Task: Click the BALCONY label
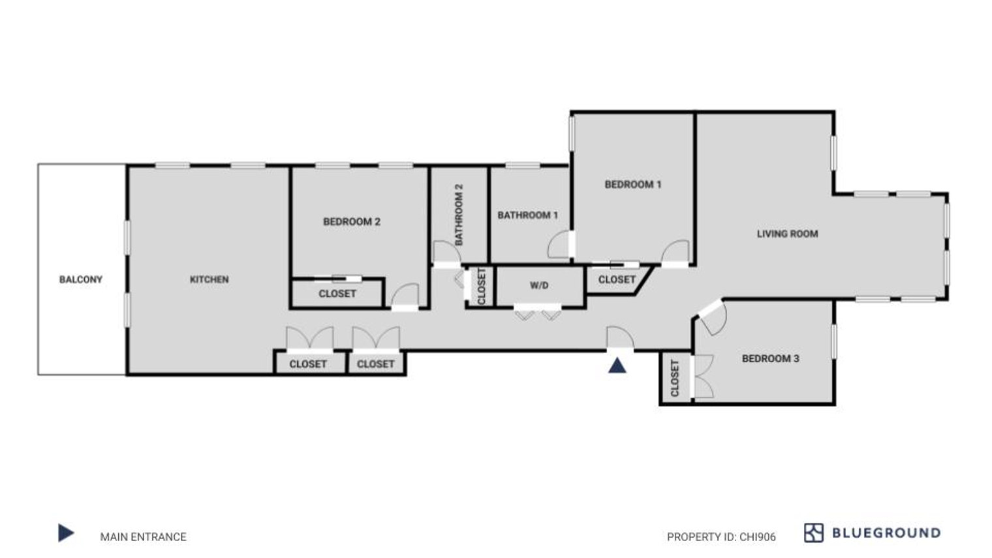[81, 279]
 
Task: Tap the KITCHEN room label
[209, 279]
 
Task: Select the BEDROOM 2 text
[352, 221]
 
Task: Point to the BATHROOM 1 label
[527, 215]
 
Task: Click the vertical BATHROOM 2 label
[459, 215]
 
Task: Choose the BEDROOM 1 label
[633, 184]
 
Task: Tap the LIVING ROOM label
[787, 234]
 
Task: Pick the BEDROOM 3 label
[771, 358]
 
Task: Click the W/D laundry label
[539, 286]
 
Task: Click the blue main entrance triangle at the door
[617, 366]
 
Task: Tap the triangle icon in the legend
[65, 533]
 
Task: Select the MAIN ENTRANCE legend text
[143, 536]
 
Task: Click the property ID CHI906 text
[721, 536]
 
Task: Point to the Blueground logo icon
[814, 533]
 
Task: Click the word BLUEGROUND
[886, 533]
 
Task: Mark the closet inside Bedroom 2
[337, 294]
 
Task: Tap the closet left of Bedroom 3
[675, 378]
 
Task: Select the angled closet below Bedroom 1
[617, 279]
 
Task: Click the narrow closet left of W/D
[482, 286]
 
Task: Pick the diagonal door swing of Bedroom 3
[713, 317]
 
